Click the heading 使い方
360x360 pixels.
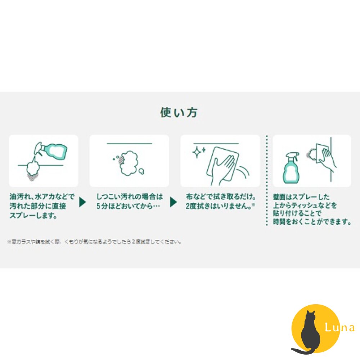179,113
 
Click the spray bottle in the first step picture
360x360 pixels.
52,151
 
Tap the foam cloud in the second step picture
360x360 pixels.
130,163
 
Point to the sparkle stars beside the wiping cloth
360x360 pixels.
199,152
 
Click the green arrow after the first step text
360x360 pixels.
82,202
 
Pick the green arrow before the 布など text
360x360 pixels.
174,202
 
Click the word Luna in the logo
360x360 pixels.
339,328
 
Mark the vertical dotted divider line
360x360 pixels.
267,180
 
